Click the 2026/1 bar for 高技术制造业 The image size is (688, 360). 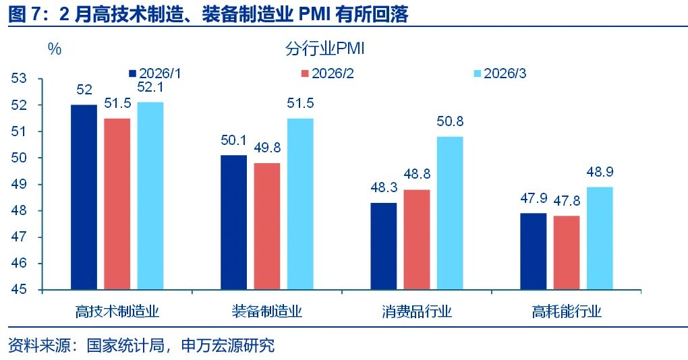pyautogui.click(x=84, y=197)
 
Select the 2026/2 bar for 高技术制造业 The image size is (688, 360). pyautogui.click(x=117, y=204)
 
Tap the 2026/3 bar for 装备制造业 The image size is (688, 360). pyautogui.click(x=300, y=204)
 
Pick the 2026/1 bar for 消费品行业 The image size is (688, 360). pyautogui.click(x=384, y=246)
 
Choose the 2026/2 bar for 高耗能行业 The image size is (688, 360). pyautogui.click(x=567, y=253)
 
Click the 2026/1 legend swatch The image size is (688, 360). pyautogui.click(x=132, y=73)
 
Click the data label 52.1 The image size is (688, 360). pyautogui.click(x=150, y=87)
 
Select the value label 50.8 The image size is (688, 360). pyautogui.click(x=449, y=121)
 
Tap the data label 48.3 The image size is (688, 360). pyautogui.click(x=383, y=188)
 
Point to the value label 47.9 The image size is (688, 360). pyautogui.click(x=533, y=199)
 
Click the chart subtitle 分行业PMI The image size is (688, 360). pyautogui.click(x=325, y=49)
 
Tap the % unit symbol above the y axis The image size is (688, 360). pyautogui.click(x=54, y=49)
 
